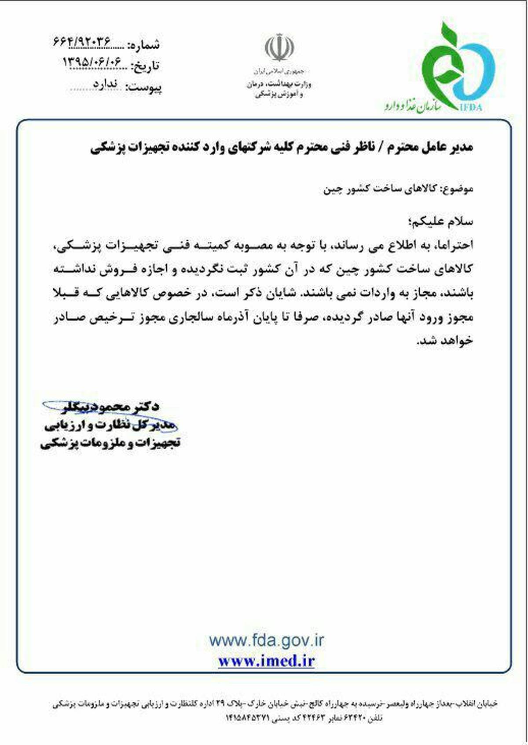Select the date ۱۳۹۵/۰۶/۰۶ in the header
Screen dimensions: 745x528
click(x=92, y=62)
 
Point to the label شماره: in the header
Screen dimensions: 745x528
click(x=143, y=44)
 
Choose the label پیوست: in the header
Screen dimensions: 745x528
click(x=143, y=87)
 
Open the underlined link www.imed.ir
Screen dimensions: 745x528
click(x=266, y=661)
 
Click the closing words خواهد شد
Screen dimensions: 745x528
click(x=444, y=341)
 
